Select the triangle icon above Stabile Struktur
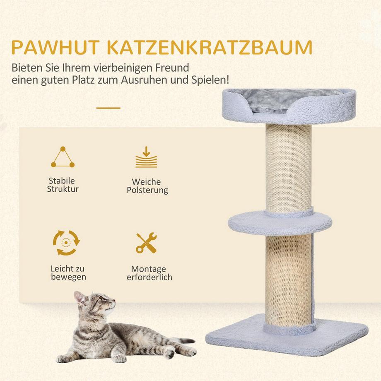(63, 158)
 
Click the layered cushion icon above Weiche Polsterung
(146, 158)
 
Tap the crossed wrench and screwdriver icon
(146, 243)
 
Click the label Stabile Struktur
(63, 185)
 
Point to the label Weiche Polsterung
(147, 186)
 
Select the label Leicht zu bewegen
(68, 272)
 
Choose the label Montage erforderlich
(149, 273)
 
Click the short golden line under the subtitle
(109, 108)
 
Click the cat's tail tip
(189, 341)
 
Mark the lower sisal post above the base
(288, 280)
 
